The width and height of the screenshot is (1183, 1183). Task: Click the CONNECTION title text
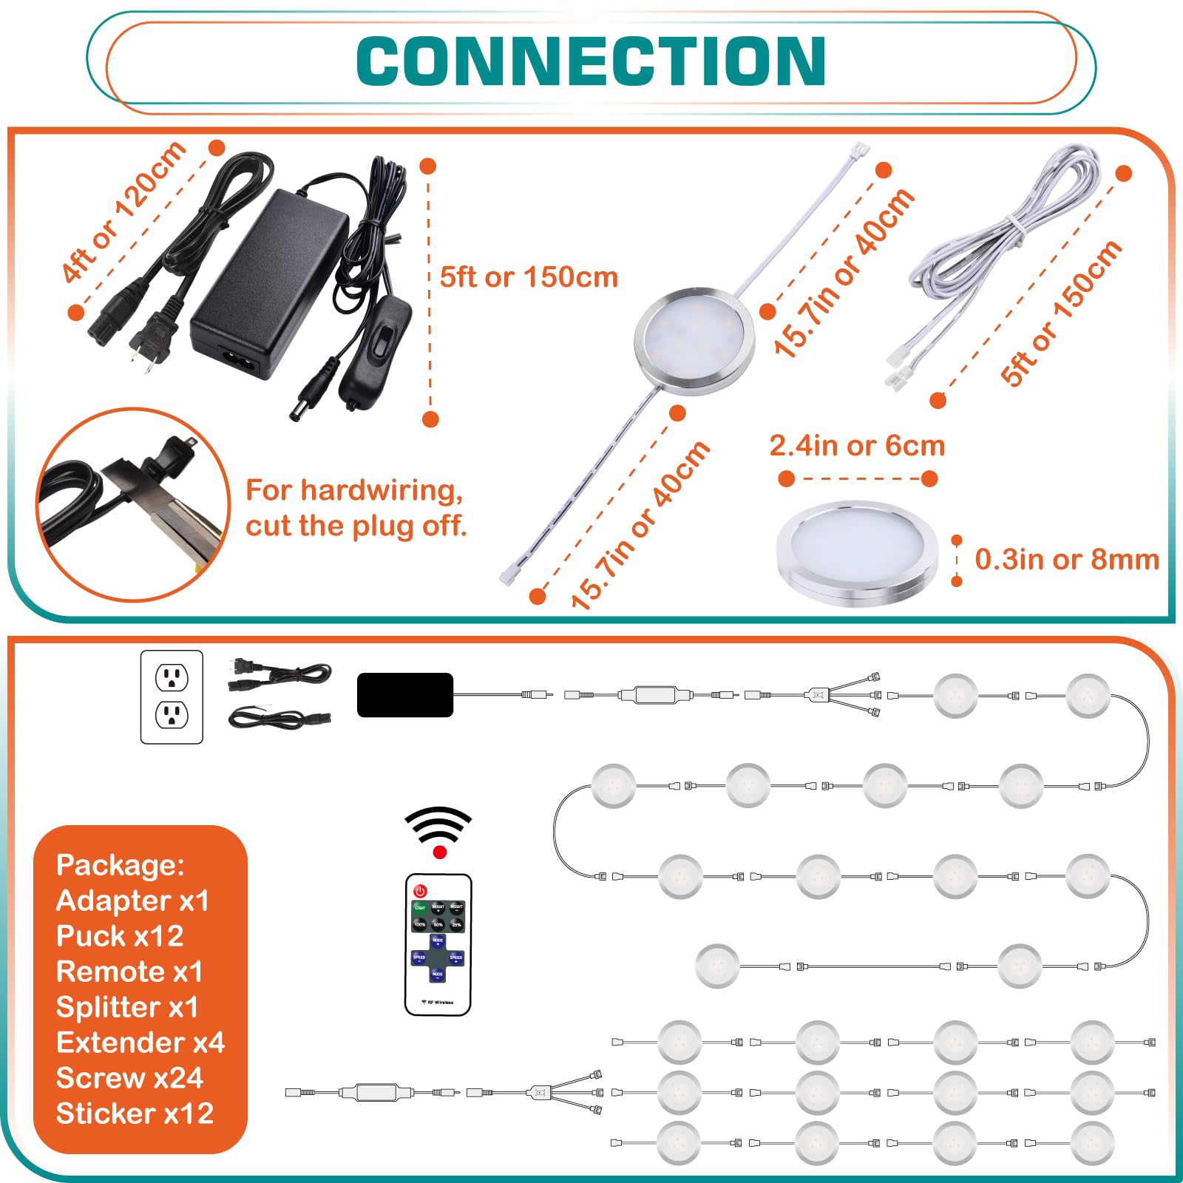tap(591, 61)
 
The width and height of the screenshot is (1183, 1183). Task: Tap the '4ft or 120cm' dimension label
tap(123, 212)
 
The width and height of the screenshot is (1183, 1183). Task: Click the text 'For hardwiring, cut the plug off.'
tap(356, 508)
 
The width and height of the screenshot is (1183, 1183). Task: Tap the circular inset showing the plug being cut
tap(133, 504)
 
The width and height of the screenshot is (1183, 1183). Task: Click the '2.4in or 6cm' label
tap(857, 446)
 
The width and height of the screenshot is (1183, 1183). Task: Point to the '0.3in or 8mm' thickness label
tap(1066, 560)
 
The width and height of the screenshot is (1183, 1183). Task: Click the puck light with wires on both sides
tap(695, 341)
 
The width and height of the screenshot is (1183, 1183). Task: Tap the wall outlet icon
tap(172, 696)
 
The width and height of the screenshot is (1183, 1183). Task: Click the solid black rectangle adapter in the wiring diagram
tap(404, 695)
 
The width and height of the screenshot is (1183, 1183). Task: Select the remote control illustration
tap(438, 944)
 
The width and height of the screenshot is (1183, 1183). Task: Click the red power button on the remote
tap(421, 891)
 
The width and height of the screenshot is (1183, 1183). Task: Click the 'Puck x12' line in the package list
tap(120, 936)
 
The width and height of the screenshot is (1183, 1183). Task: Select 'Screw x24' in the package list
tap(129, 1078)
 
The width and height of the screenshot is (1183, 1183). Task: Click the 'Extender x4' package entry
tap(140, 1043)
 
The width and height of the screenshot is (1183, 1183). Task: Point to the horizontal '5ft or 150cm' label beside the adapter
tap(529, 277)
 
